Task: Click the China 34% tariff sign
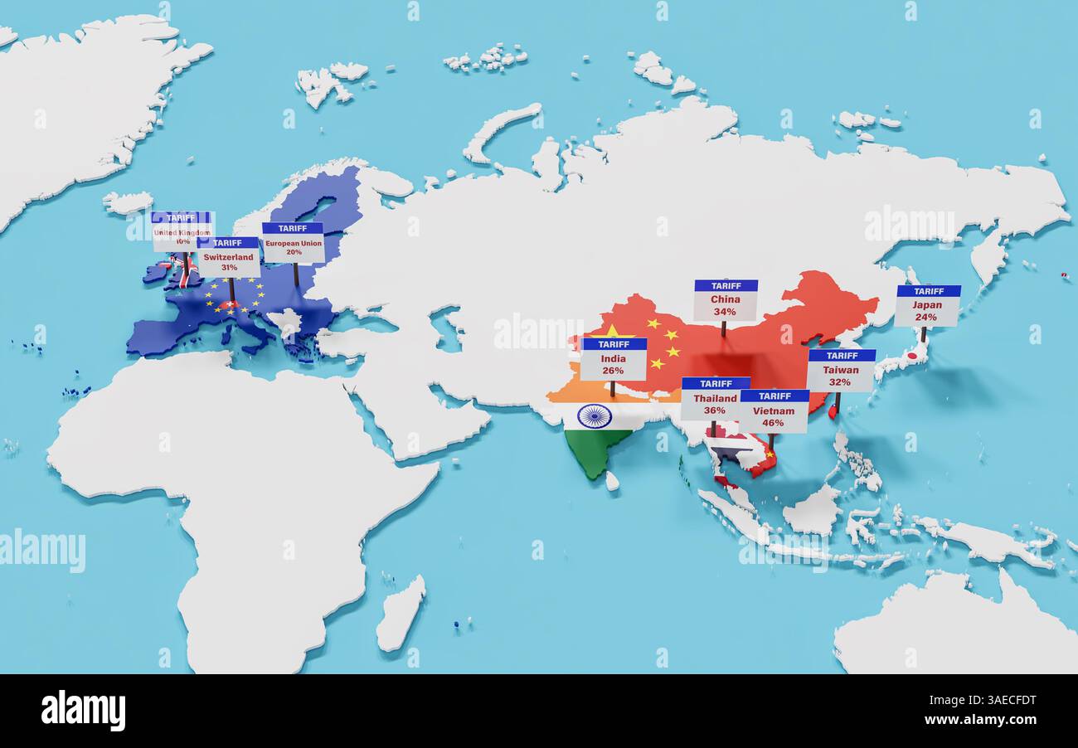pos(726,300)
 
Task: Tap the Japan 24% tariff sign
pos(927,305)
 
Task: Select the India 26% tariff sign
pos(614,359)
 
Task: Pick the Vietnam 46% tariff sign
pos(774,411)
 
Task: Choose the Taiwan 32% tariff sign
pos(841,370)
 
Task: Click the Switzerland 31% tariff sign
pos(229,257)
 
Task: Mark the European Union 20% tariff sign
pos(294,242)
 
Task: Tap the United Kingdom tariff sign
pos(181,231)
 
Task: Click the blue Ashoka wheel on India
pos(595,415)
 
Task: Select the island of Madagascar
pos(401,614)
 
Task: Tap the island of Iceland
pos(128,202)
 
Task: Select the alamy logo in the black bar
pos(83,711)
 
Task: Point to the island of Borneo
pos(812,509)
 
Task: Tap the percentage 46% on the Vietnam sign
pos(773,423)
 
